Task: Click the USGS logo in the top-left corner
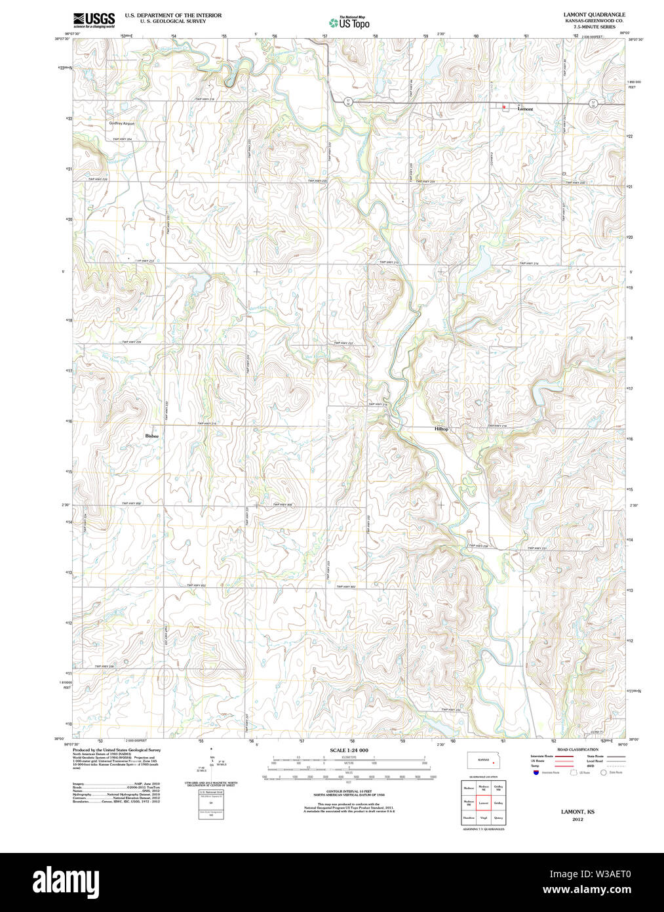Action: [x=94, y=19]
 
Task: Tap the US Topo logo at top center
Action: [x=349, y=23]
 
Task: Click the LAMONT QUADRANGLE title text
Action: [x=594, y=14]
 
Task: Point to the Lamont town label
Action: [x=525, y=109]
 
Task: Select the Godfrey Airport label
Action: [x=122, y=123]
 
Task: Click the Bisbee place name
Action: [x=152, y=436]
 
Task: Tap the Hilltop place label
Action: [x=442, y=429]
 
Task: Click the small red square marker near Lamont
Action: [x=503, y=107]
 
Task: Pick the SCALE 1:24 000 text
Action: [x=349, y=750]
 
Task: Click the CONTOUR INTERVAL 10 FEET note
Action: [x=349, y=792]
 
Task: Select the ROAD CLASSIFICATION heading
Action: [x=577, y=749]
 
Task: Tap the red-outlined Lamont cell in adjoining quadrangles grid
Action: [x=483, y=802]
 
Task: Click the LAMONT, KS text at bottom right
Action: [x=577, y=812]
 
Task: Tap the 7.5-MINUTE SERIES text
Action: [x=594, y=26]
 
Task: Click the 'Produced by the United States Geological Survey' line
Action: [x=116, y=749]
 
